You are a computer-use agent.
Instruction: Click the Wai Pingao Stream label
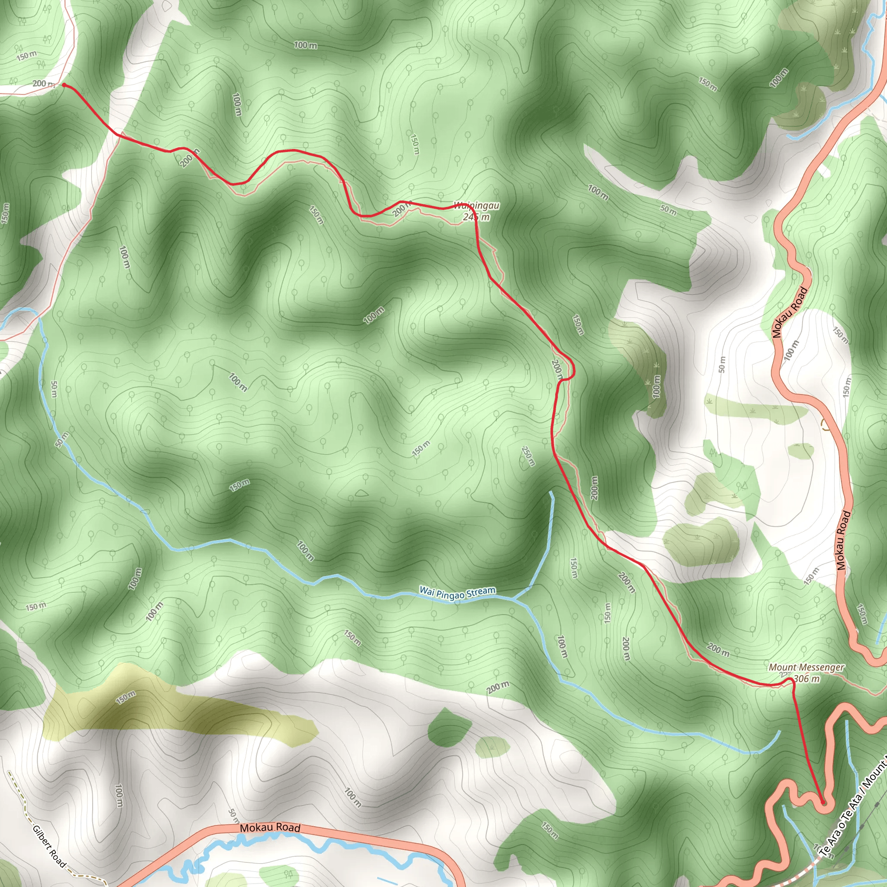(457, 593)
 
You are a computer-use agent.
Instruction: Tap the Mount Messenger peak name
(806, 667)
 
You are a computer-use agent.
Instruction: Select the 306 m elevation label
(806, 679)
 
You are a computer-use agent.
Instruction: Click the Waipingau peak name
(476, 206)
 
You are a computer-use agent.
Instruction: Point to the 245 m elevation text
(476, 217)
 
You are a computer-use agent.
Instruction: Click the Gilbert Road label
(49, 846)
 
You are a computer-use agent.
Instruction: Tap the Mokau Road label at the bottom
(270, 827)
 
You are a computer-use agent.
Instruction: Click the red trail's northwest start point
(64, 85)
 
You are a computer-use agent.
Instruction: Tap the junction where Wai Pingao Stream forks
(513, 599)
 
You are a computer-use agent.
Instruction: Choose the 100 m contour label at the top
(305, 45)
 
